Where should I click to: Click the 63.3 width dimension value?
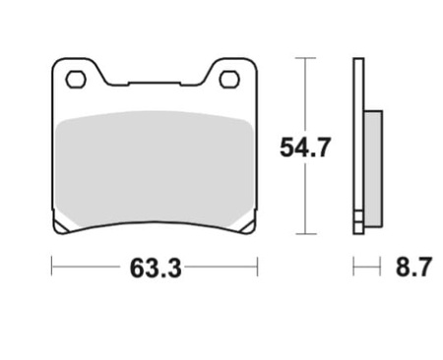point(156,269)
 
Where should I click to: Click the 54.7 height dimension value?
point(304,148)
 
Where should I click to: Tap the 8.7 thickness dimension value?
point(413,267)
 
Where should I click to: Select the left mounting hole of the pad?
point(76,79)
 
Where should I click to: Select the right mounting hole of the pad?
point(229,79)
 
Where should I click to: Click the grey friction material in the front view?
point(155,168)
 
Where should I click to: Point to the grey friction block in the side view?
point(373,168)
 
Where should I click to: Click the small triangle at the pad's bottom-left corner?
point(59,227)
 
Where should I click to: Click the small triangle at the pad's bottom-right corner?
point(247,227)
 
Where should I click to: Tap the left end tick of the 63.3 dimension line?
point(52,267)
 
